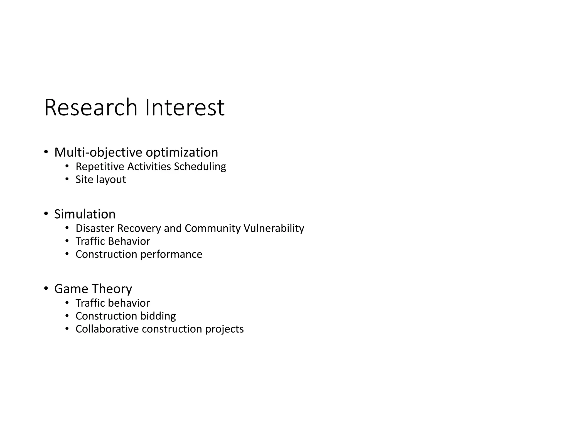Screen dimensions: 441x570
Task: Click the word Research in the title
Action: (91, 108)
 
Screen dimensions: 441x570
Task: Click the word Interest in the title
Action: (185, 108)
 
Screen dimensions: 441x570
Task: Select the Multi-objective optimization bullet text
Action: (136, 152)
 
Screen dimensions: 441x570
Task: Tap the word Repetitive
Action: (100, 167)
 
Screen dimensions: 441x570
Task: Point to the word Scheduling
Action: (200, 167)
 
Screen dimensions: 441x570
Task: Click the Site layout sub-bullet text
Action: (101, 180)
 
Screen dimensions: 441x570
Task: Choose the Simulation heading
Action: (85, 214)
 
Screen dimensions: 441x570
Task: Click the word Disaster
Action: (95, 228)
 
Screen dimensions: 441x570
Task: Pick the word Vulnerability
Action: (274, 228)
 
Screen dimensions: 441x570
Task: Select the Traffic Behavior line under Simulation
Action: (113, 241)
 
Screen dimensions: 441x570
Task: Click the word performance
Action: (171, 255)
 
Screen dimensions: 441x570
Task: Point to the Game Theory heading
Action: (93, 289)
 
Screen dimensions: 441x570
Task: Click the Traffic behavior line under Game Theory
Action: (113, 303)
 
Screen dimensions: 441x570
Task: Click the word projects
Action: (224, 329)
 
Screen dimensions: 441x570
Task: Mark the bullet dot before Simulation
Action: (46, 214)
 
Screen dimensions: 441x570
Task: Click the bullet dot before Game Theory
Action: (46, 289)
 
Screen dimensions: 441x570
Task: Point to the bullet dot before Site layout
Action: (67, 179)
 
